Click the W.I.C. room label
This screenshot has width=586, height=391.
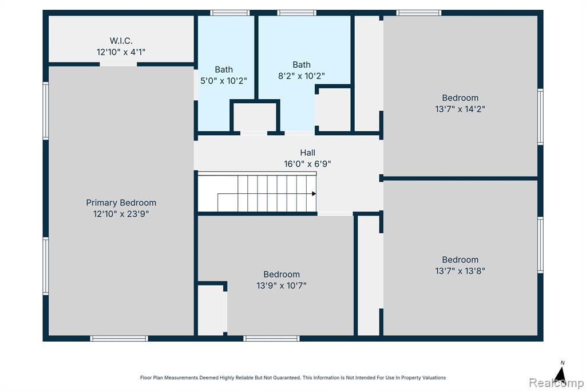tap(121, 41)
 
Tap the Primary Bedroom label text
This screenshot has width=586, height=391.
tap(121, 202)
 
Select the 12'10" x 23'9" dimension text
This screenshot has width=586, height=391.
tap(121, 214)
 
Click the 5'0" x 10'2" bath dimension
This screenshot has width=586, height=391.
tap(224, 80)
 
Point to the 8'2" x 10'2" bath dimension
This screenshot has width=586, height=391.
tap(301, 76)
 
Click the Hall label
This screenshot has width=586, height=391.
tap(307, 153)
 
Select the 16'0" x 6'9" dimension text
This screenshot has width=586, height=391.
tap(307, 163)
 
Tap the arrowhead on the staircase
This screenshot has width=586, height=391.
tap(314, 194)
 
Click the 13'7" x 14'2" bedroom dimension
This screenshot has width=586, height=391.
tap(460, 109)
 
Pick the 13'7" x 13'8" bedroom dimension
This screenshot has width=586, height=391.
tap(460, 271)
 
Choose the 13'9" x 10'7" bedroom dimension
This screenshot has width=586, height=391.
tap(282, 286)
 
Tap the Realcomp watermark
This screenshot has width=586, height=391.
tap(556, 383)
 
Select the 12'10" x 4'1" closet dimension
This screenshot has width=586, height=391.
tap(121, 52)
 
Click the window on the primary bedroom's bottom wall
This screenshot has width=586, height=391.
tap(119, 339)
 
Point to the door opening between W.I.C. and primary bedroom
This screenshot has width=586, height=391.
tap(118, 64)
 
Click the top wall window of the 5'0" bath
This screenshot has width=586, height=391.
tap(229, 13)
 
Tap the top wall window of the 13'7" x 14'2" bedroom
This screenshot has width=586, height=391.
tap(418, 13)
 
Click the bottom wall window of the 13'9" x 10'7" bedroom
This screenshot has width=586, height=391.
tap(271, 339)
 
